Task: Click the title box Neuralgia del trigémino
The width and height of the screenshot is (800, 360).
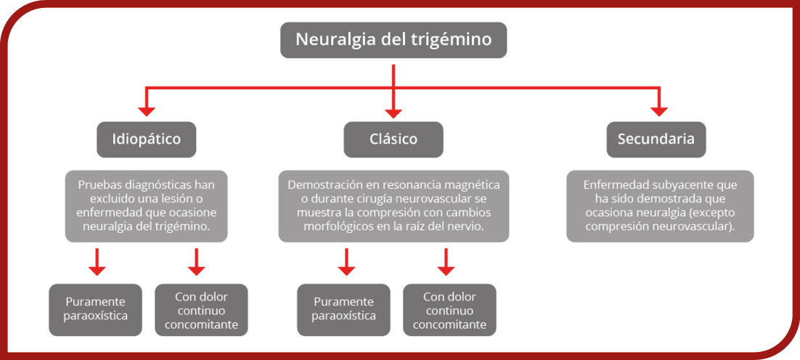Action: [x=393, y=40]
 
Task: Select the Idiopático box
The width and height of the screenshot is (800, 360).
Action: [x=147, y=139]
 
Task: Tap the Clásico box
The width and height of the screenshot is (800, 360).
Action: [x=393, y=139]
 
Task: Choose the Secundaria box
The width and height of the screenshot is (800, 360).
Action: [x=656, y=139]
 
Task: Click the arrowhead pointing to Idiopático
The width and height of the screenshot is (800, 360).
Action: [x=147, y=110]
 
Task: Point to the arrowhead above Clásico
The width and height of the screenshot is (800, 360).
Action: [x=393, y=110]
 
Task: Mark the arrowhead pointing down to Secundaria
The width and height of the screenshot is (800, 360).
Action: [x=659, y=110]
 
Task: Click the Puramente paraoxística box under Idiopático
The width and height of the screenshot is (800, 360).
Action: [x=95, y=309]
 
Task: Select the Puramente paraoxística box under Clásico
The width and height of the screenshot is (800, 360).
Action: [x=344, y=309]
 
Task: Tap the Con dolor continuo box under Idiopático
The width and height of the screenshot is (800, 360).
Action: [x=202, y=309]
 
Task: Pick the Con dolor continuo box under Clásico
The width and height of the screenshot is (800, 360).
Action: [x=449, y=309]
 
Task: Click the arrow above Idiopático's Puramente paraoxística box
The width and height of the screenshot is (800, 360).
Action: [x=97, y=262]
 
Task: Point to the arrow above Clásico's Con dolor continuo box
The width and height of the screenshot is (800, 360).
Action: [x=446, y=262]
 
